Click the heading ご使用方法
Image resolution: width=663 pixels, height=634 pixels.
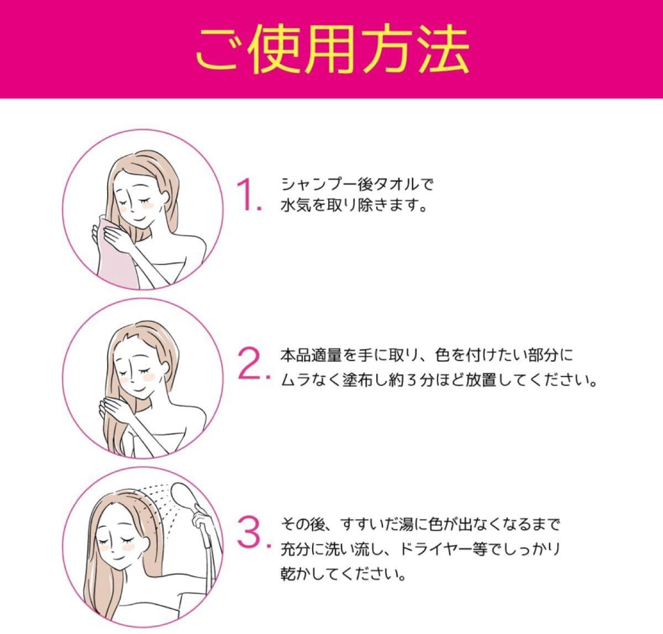pos(332,49)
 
